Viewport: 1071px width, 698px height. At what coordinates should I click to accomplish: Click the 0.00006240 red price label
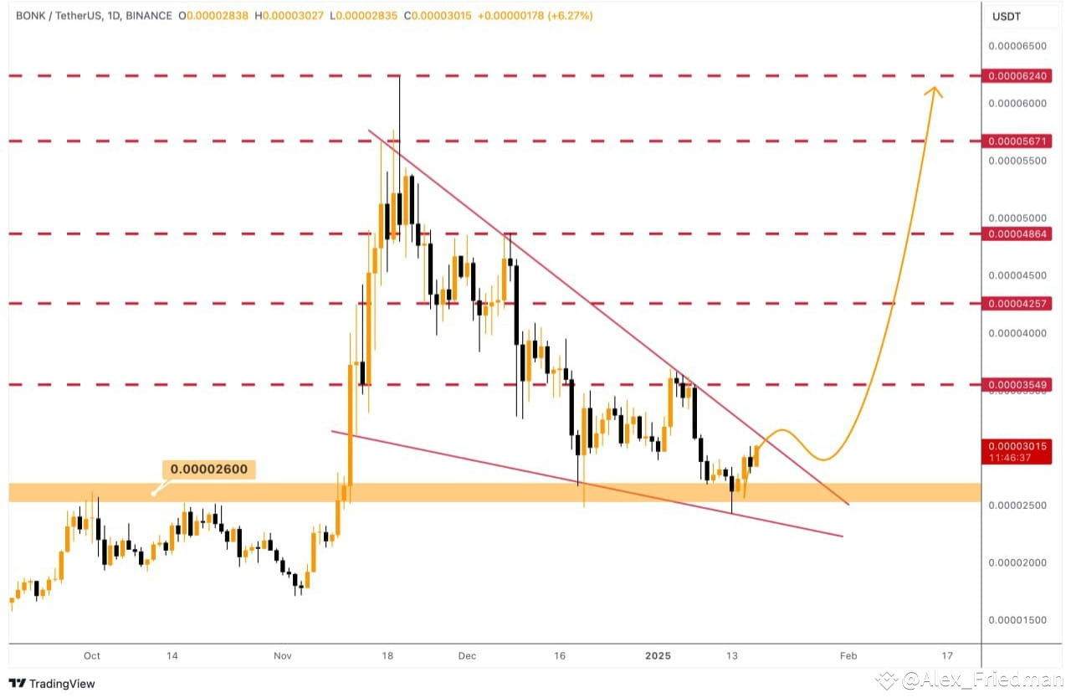click(1017, 76)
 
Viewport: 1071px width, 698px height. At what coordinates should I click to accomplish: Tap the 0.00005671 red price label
click(1017, 141)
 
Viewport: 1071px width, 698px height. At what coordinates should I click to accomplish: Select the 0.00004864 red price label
click(1017, 234)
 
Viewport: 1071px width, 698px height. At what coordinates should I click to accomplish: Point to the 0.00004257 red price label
click(1017, 303)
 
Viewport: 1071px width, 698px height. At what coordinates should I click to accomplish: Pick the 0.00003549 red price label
click(1017, 385)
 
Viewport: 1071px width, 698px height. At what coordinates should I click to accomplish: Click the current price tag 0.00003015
click(1017, 447)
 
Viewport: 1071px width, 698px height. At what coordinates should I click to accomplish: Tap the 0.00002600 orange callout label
click(209, 470)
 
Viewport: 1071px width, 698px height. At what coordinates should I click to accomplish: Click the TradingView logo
click(52, 684)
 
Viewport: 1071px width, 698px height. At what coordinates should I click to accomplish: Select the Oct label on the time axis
click(92, 656)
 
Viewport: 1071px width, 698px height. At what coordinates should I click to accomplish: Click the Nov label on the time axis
click(282, 656)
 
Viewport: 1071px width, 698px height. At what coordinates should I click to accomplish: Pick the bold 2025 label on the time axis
click(659, 656)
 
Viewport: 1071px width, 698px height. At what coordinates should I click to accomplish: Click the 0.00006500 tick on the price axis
click(1017, 46)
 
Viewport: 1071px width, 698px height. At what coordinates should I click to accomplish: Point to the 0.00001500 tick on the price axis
click(1017, 620)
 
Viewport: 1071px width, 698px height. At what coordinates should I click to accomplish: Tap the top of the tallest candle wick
click(400, 76)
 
